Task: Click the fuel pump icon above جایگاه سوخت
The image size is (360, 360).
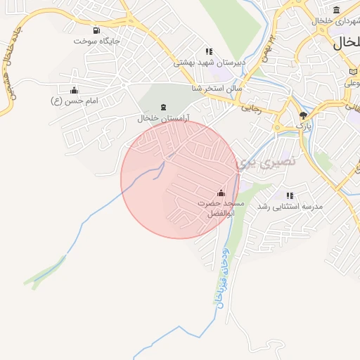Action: [96, 30]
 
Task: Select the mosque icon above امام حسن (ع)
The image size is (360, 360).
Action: [75, 90]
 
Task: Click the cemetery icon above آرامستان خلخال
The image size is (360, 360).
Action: [164, 107]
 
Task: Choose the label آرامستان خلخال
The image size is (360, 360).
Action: [164, 118]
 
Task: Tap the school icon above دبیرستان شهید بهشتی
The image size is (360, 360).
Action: [208, 51]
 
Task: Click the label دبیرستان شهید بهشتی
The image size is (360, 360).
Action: [209, 63]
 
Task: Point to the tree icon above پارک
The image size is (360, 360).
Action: [303, 115]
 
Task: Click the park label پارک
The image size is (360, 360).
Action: [303, 125]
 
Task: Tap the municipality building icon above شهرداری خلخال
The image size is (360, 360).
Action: [336, 10]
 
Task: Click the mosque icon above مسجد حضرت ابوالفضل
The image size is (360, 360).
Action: [221, 193]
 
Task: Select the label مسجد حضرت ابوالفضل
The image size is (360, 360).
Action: [220, 208]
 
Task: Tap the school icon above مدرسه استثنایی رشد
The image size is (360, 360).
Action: [289, 195]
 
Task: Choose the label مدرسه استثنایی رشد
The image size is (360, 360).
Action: [289, 207]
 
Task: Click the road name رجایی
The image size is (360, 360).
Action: [251, 109]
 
